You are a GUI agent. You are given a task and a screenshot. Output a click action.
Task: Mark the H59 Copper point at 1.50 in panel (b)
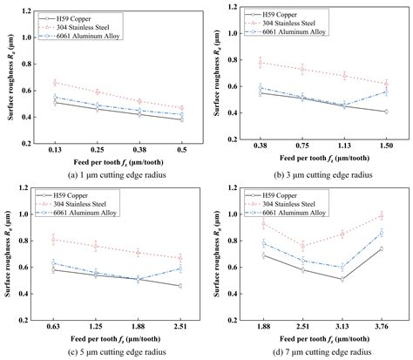tap(384, 112)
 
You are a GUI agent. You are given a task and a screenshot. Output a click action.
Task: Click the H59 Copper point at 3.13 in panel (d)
tap(342, 279)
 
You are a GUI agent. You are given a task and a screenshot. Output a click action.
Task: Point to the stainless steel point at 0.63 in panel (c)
tap(56, 239)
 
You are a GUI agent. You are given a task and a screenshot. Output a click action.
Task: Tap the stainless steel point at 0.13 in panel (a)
tap(56, 83)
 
